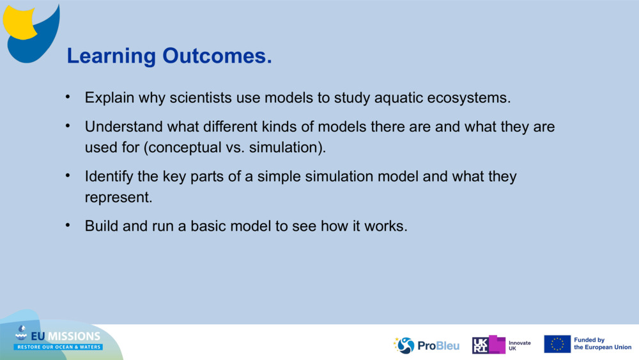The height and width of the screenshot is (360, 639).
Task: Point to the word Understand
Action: coord(123,127)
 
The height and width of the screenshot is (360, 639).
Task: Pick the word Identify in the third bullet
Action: coord(109,177)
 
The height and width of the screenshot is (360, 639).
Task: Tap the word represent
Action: coord(118,198)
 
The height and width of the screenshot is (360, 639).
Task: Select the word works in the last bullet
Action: coord(385,226)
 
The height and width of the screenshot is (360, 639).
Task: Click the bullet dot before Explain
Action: coord(68,97)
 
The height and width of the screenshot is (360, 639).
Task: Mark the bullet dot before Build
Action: coord(68,225)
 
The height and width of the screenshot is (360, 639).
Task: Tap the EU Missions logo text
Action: coord(65,336)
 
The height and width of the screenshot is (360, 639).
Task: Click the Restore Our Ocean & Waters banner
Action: coord(58,347)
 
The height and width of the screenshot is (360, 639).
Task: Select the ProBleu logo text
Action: coord(438,346)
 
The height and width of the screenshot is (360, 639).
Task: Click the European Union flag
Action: coord(557,344)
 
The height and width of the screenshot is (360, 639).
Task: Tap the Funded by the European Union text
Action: coord(603,343)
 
